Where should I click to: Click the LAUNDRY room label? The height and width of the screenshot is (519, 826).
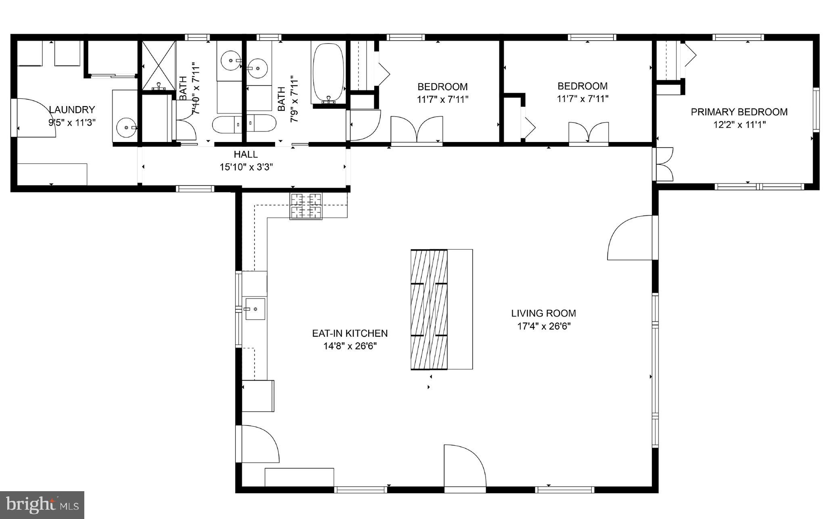pyautogui.click(x=71, y=110)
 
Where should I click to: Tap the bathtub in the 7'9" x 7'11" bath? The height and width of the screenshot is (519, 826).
pyautogui.click(x=329, y=73)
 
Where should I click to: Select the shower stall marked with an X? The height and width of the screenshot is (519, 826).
pyautogui.click(x=159, y=65)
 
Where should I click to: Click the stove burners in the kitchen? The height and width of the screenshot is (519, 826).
pyautogui.click(x=306, y=206)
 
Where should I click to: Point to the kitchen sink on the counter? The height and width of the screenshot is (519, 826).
pyautogui.click(x=255, y=309)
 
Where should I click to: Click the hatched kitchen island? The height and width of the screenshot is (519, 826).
pyautogui.click(x=429, y=309)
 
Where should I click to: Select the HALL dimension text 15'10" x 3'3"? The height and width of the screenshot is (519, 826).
pyautogui.click(x=246, y=167)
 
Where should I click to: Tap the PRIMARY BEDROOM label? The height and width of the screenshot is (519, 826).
pyautogui.click(x=739, y=112)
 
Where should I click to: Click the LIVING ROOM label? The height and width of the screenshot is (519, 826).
pyautogui.click(x=543, y=313)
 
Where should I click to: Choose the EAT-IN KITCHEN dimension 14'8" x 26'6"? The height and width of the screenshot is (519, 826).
pyautogui.click(x=350, y=346)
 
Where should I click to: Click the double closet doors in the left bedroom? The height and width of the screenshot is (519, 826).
pyautogui.click(x=417, y=130)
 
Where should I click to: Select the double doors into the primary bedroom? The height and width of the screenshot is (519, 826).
pyautogui.click(x=664, y=164)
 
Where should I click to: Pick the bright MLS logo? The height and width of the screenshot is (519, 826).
pyautogui.click(x=42, y=504)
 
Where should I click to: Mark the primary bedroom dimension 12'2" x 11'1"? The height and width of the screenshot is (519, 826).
pyautogui.click(x=739, y=125)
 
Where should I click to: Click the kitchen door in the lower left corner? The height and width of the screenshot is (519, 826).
pyautogui.click(x=258, y=444)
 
